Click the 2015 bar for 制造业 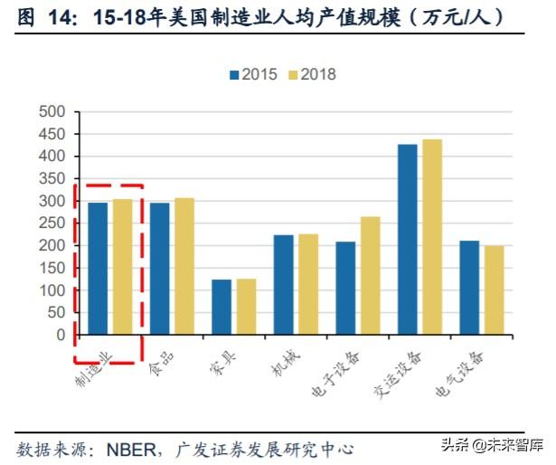pyautogui.click(x=98, y=269)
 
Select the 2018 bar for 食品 pyautogui.click(x=184, y=266)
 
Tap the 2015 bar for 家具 pyautogui.click(x=221, y=308)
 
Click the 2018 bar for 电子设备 pyautogui.click(x=370, y=276)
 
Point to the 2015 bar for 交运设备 pyautogui.click(x=408, y=240)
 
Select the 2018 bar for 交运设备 pyautogui.click(x=431, y=237)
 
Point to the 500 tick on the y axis pyautogui.click(x=53, y=112)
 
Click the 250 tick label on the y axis pyautogui.click(x=53, y=223)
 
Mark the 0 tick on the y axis pyautogui.click(x=61, y=335)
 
